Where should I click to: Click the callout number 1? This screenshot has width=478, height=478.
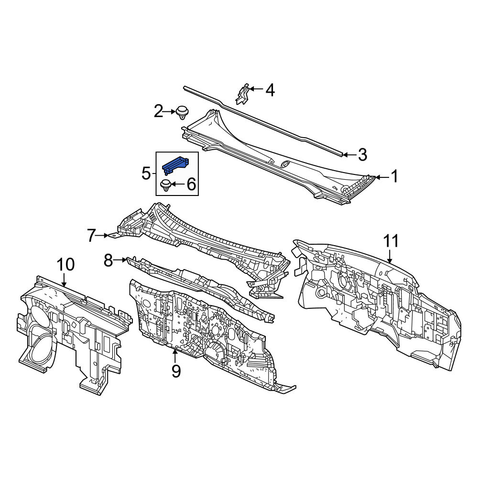(x=394, y=176)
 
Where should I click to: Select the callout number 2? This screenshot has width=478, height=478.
(x=158, y=111)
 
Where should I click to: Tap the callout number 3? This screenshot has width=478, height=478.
(x=362, y=154)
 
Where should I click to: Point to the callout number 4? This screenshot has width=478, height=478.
(x=270, y=90)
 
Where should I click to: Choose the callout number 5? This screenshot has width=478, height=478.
(x=146, y=174)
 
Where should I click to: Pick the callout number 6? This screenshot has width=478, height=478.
(x=191, y=184)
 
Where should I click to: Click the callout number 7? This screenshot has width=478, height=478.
(x=91, y=236)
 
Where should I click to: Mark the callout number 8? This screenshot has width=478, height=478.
(x=109, y=261)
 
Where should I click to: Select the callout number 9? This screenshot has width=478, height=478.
(x=176, y=371)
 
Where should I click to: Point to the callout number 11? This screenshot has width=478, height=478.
(x=391, y=241)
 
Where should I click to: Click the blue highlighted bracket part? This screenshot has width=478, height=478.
(x=175, y=165)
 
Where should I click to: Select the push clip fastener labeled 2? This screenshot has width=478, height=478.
(x=182, y=113)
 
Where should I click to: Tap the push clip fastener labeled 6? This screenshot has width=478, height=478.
(x=165, y=185)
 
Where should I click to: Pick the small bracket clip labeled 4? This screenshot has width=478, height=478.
(x=243, y=95)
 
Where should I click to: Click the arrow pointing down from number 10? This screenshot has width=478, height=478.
(x=65, y=280)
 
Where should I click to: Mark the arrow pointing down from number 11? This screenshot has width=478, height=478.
(x=391, y=256)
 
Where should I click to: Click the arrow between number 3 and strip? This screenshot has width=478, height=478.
(x=350, y=155)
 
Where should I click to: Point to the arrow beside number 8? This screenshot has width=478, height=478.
(x=120, y=260)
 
